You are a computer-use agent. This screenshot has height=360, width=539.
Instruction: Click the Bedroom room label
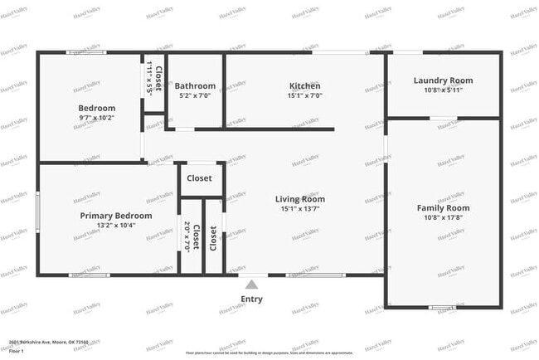click(x=97, y=108)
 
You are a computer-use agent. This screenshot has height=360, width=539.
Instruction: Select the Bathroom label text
click(x=197, y=85)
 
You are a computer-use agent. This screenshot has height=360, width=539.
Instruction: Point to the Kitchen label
click(x=304, y=85)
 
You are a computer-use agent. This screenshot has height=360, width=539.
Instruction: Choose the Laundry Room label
click(x=443, y=80)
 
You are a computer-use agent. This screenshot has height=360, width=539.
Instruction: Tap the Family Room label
click(x=443, y=208)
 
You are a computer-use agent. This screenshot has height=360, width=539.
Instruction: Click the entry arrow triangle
click(x=251, y=285)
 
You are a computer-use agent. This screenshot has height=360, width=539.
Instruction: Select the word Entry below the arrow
click(x=251, y=299)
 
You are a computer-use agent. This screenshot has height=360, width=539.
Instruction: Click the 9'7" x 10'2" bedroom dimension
click(x=97, y=118)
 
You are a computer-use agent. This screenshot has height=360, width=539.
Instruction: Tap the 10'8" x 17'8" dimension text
click(x=443, y=217)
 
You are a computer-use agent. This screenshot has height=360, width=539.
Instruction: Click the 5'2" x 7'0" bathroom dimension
click(x=197, y=95)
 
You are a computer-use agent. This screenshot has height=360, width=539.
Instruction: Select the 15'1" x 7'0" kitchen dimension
click(x=304, y=95)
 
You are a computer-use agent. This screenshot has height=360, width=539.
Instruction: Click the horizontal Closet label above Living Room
click(x=199, y=178)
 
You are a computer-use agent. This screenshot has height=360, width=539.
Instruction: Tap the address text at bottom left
click(x=48, y=342)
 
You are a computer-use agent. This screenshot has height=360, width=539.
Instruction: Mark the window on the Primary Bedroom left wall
click(x=37, y=207)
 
